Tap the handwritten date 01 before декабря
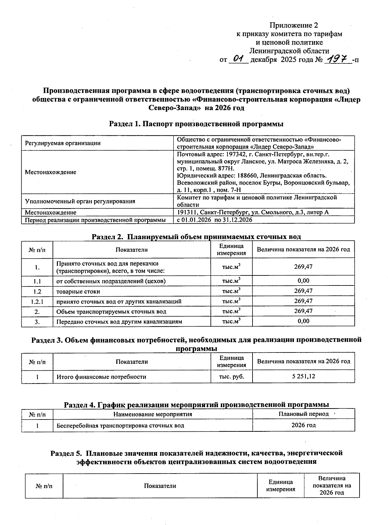(x=238, y=59)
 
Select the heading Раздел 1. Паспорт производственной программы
(x=196, y=124)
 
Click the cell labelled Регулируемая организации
(x=63, y=143)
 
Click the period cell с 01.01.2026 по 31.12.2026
(x=215, y=220)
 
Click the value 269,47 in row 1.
(x=303, y=267)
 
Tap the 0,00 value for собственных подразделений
(x=303, y=281)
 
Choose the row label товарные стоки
(x=78, y=291)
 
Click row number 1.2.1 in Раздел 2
(x=37, y=301)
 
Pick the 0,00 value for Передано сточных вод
(x=303, y=321)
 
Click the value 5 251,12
(x=303, y=376)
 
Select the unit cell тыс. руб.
(x=231, y=376)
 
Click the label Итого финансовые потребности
(x=101, y=377)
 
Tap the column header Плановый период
(x=303, y=414)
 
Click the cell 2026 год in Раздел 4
(x=303, y=425)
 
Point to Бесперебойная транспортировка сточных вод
(x=120, y=425)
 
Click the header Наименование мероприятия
(x=153, y=414)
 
